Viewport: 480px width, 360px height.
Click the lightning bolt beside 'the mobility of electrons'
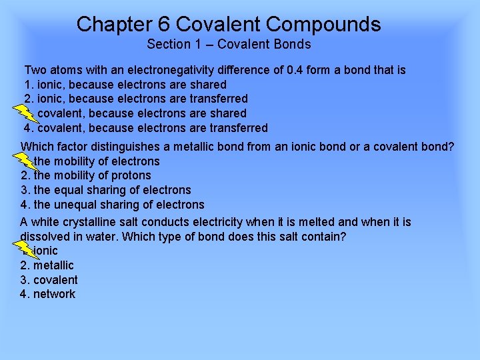[25, 158]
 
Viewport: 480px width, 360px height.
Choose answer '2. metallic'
[47, 265]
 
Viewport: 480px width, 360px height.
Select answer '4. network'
[48, 294]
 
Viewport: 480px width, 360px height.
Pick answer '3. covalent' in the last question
[49, 280]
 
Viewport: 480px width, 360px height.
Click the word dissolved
[45, 236]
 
